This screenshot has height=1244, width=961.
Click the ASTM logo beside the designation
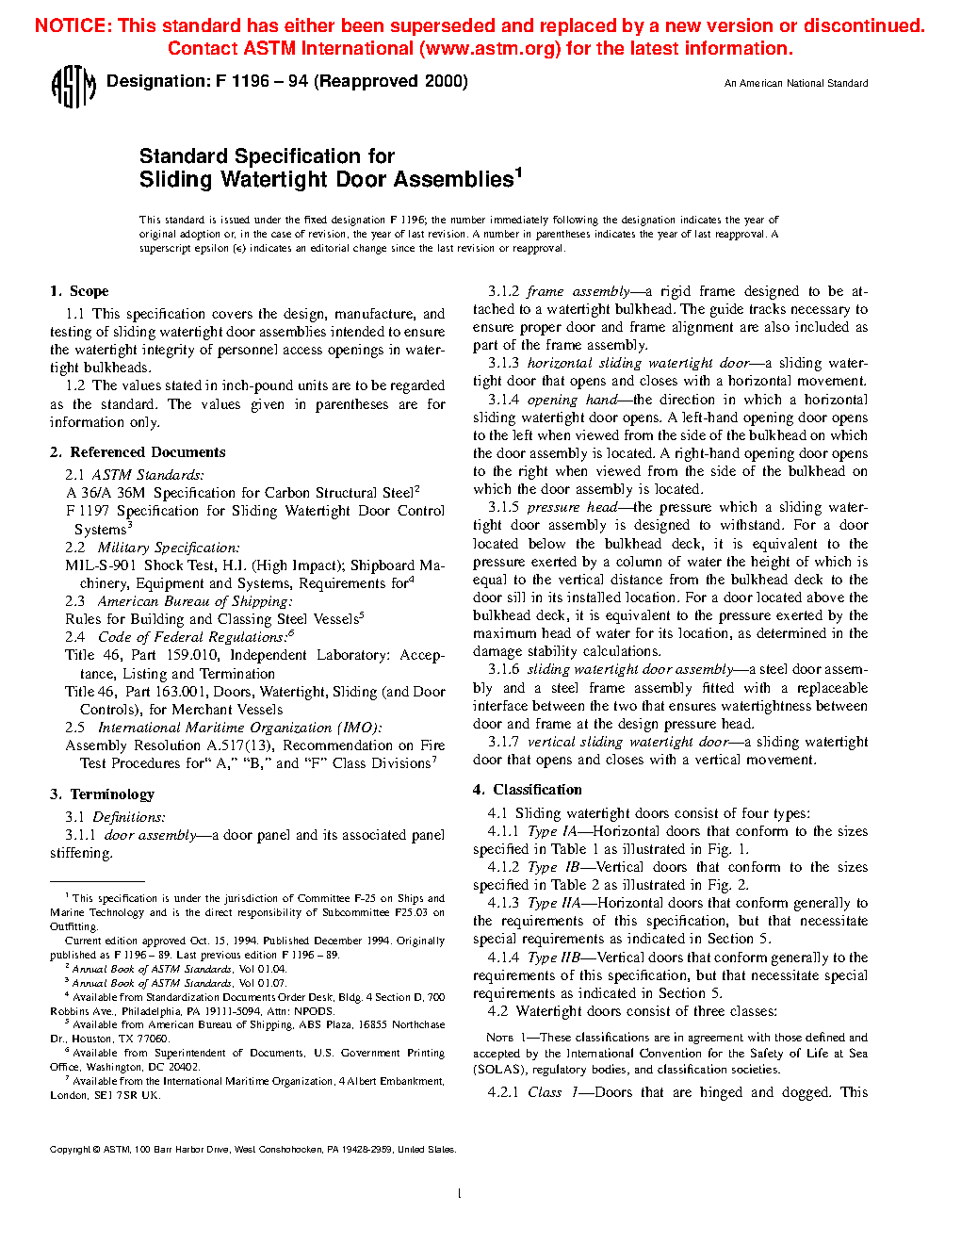tap(73, 87)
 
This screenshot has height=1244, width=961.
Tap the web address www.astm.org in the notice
tap(487, 49)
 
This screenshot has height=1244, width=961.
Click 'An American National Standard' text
tap(796, 84)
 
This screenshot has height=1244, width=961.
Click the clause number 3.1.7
tap(503, 742)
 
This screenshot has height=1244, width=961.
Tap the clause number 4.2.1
tap(503, 1092)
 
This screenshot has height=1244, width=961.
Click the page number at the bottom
tap(459, 1194)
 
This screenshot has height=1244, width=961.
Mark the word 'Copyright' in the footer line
tap(70, 1150)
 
